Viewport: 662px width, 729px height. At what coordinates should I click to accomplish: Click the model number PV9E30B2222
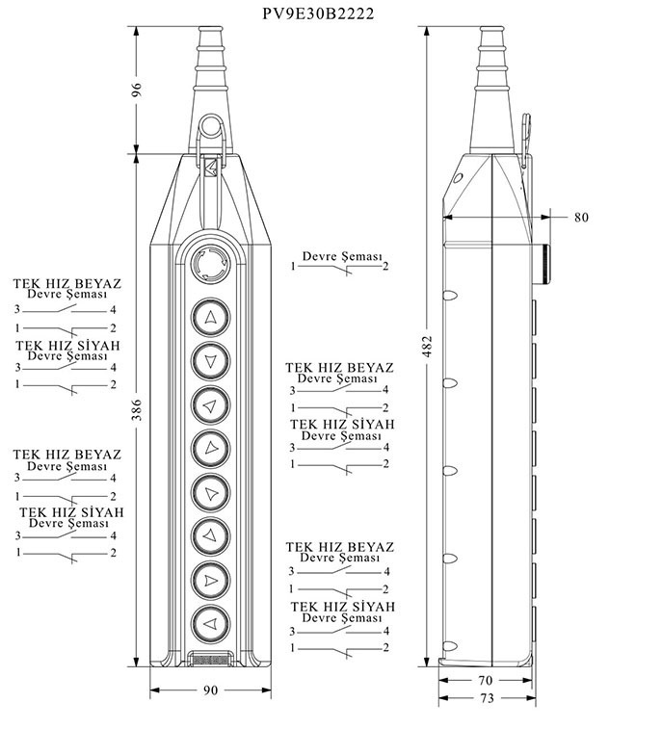(319, 14)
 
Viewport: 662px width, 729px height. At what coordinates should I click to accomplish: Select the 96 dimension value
(137, 89)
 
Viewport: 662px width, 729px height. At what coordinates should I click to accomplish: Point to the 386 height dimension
(137, 408)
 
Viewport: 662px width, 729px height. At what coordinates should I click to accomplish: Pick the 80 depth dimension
(581, 217)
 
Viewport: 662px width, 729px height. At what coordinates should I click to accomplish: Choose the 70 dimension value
(487, 680)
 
